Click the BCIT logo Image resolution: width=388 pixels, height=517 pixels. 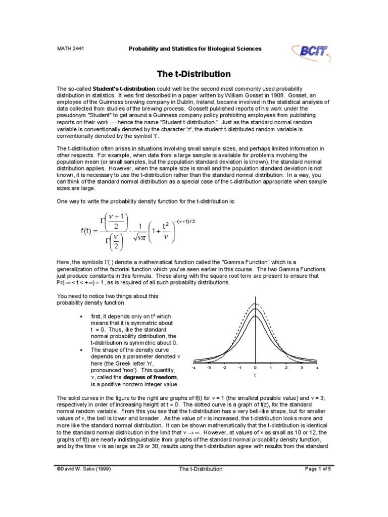310,50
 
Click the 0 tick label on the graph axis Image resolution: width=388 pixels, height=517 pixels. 255,368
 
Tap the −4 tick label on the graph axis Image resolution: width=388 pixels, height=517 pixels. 193,368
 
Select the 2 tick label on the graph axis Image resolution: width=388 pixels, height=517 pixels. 286,368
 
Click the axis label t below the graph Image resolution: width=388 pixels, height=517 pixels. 255,376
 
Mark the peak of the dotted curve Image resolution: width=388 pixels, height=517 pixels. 255,304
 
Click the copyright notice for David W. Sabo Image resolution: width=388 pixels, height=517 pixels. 84,469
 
